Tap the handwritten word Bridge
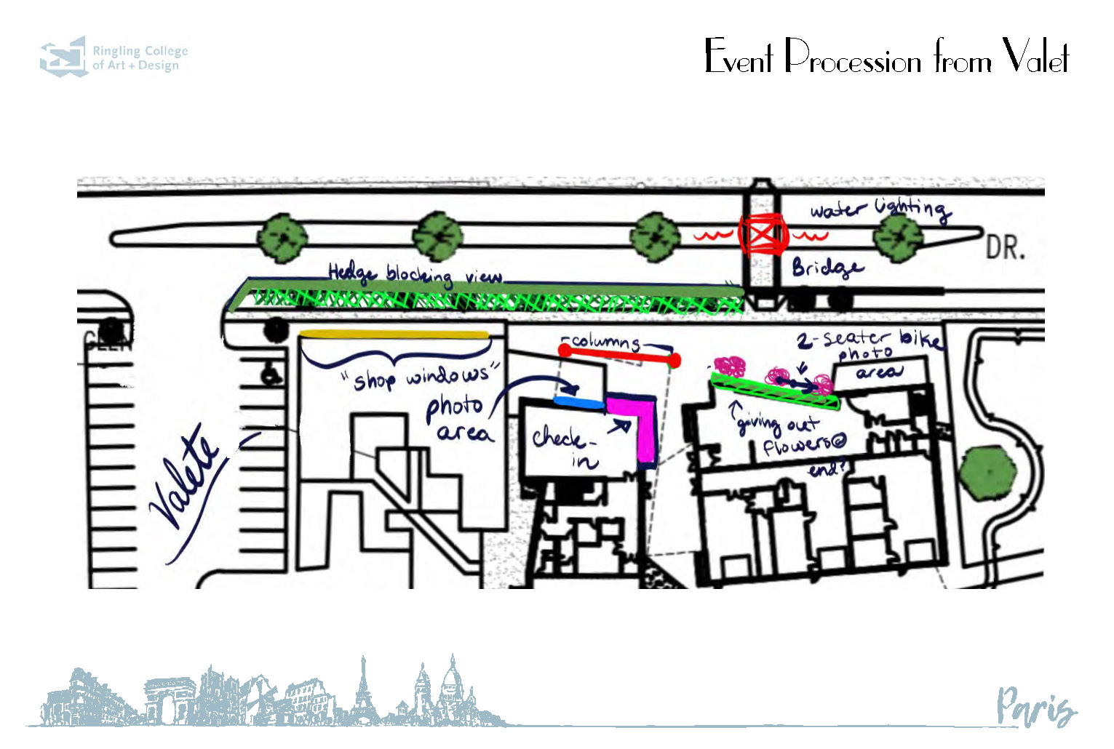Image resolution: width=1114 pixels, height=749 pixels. [827, 268]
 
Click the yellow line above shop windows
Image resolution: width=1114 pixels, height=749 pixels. [394, 335]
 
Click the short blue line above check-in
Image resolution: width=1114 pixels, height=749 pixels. [578, 401]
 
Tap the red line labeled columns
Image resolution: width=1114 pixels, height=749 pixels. [620, 355]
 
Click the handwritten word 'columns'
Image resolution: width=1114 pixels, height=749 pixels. [605, 341]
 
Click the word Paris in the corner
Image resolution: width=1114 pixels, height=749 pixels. [1035, 706]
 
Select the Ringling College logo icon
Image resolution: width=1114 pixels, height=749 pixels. [63, 57]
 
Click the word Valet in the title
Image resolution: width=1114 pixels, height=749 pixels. [1035, 57]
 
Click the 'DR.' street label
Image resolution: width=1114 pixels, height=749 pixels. [1005, 248]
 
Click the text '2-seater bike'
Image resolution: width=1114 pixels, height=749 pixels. [870, 338]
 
